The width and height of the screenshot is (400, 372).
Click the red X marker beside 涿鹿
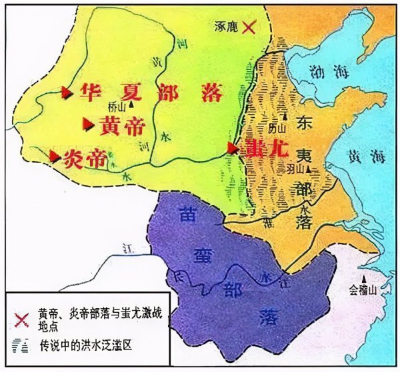click(249, 27)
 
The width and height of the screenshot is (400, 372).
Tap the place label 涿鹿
click(226, 27)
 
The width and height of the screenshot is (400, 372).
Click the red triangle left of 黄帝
click(87, 124)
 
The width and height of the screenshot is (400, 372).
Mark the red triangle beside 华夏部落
click(66, 93)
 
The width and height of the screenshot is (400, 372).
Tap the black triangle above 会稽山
click(363, 278)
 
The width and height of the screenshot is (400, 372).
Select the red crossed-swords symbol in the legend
click(23, 319)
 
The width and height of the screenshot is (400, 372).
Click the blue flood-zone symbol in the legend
click(23, 345)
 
